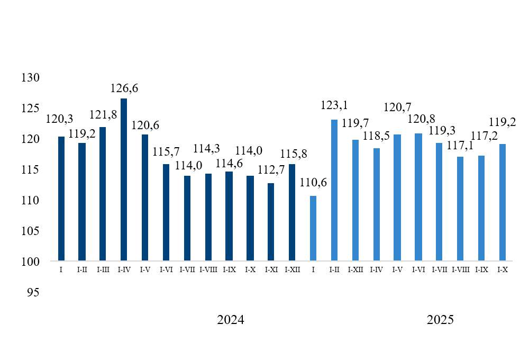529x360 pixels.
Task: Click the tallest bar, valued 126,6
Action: point(124,179)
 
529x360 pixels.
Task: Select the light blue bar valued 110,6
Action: point(313,228)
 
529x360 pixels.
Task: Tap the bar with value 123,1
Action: point(334,190)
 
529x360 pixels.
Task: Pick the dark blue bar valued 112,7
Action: point(271,222)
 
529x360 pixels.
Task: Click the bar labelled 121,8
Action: point(103,194)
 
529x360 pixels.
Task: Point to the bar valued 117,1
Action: point(460,209)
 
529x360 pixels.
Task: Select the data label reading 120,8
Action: point(422,126)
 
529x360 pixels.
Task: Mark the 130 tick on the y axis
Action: point(31,77)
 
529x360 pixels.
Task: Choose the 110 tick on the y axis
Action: point(31,200)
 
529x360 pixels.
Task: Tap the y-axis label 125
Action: point(31,108)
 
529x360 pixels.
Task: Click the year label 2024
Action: point(231,320)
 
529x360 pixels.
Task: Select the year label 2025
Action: point(440,320)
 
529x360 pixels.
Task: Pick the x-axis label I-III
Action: point(103,269)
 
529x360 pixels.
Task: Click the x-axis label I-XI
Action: point(271,269)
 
